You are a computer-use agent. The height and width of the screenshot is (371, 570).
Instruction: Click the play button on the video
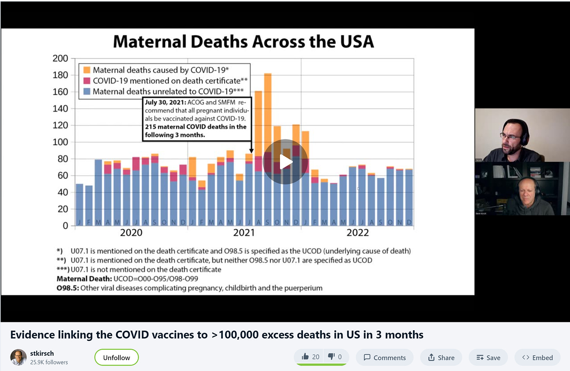click(286, 162)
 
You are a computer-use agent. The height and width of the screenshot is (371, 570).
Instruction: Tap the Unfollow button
click(116, 357)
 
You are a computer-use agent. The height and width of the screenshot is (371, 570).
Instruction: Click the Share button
click(441, 357)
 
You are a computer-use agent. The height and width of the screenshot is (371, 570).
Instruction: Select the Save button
click(488, 357)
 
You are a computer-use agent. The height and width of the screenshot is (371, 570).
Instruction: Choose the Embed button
click(538, 357)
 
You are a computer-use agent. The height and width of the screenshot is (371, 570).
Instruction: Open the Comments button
click(384, 357)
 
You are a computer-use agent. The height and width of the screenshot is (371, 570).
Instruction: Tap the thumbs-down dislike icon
click(331, 357)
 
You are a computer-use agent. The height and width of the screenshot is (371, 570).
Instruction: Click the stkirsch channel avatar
click(18, 357)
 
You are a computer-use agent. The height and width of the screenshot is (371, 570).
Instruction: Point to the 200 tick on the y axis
click(60, 58)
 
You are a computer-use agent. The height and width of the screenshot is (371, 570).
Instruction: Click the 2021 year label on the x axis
click(244, 233)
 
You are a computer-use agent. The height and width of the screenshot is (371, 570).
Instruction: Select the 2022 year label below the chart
click(357, 233)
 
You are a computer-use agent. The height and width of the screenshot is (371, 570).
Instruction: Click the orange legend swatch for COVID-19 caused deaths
click(87, 70)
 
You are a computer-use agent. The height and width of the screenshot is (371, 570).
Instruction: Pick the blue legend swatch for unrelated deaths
click(87, 91)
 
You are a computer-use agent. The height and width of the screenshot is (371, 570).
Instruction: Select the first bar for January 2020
click(79, 204)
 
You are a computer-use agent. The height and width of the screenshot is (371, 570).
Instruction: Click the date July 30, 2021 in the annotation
click(165, 102)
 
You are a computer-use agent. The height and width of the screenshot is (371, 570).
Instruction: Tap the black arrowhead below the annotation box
click(251, 151)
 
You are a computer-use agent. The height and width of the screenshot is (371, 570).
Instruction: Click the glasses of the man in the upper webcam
click(510, 137)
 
